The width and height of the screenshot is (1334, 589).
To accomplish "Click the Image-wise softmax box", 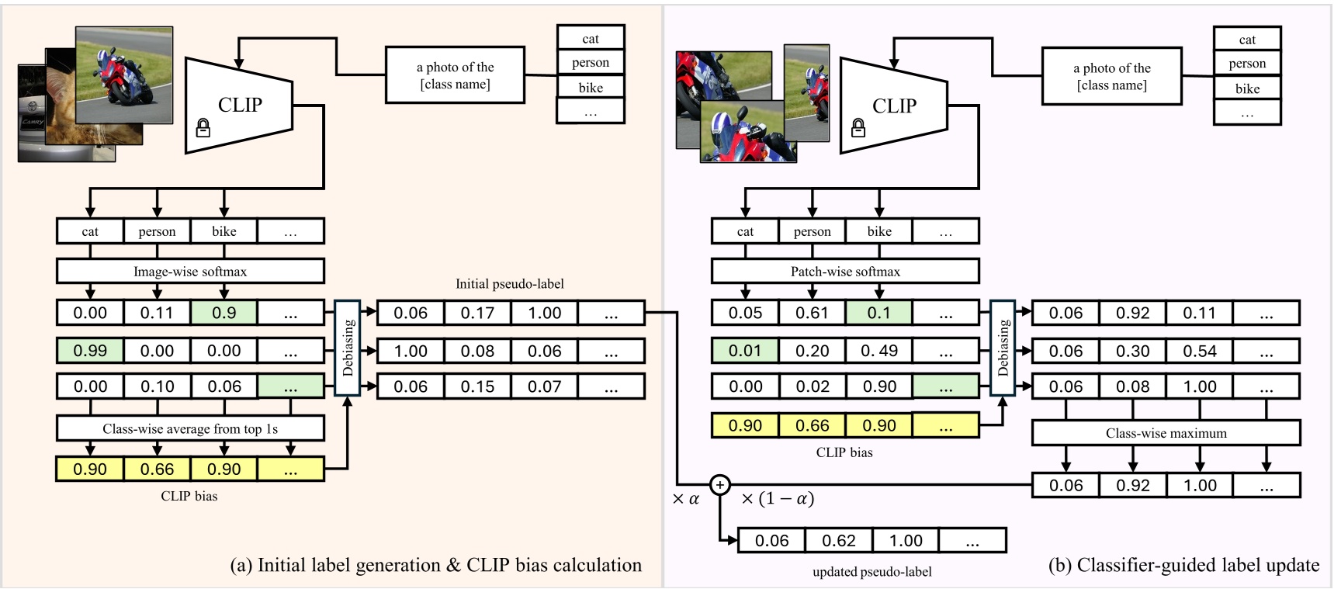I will pos(190,272).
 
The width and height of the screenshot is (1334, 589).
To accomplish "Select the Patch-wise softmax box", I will pos(845,272).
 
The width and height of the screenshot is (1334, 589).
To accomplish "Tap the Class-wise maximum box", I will pos(1166,433).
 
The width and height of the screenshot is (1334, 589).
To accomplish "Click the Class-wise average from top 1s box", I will pos(190,428).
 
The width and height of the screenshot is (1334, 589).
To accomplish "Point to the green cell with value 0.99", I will pos(90,351).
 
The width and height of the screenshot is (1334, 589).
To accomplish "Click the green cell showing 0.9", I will pos(224,313).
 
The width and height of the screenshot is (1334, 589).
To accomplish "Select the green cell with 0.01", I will pos(745,351).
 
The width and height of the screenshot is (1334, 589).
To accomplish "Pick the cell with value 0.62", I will pos(838,540).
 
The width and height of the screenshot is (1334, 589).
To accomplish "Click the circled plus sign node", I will pos(720,485).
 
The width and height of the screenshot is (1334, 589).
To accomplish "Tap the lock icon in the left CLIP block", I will pos(203,128).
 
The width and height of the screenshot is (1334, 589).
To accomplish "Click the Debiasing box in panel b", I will pos(1003,348).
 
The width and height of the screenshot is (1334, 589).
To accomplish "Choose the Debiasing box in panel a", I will pos(347,348).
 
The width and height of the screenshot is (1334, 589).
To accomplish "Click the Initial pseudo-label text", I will pos(510,284).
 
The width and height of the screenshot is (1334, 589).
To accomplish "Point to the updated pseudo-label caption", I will pos(871,572).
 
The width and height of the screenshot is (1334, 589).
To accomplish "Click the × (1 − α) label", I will pos(778,499).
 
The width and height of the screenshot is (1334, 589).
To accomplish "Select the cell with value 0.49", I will pos(879,351).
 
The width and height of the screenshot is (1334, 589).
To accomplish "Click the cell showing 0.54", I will pos(1199,351).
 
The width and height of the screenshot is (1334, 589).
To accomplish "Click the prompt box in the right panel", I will pos(1111,76).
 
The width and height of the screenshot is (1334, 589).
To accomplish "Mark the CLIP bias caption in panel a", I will pos(189,496).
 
